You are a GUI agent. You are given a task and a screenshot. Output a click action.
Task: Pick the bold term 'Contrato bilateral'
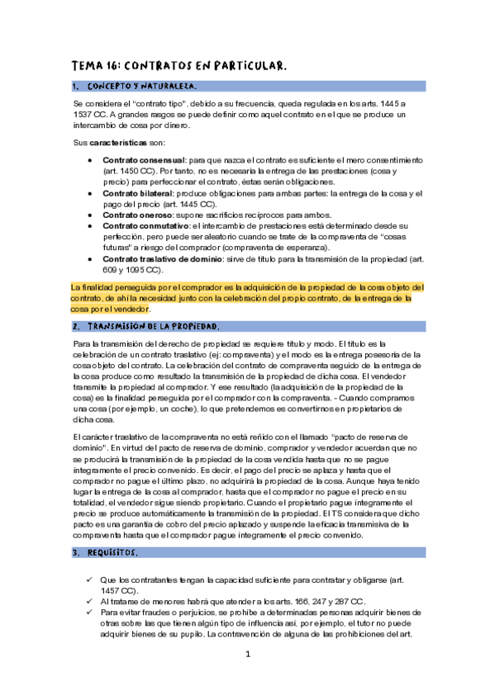pos(139,192)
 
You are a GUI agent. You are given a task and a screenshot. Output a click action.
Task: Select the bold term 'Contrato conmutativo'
pos(145,225)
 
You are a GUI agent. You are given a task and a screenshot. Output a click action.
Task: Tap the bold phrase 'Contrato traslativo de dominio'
pos(162,258)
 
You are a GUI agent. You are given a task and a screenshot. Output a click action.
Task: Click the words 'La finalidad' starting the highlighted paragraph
pos(92,286)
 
